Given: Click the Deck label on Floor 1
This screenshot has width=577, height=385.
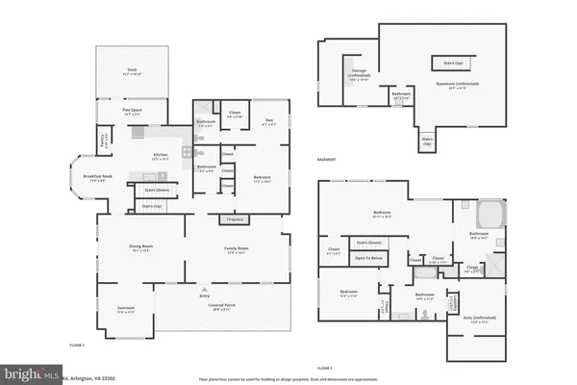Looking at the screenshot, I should click(x=133, y=71).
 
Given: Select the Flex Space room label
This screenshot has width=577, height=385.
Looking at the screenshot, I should click(x=133, y=113).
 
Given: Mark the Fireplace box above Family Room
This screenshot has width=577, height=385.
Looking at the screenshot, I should click(x=234, y=220).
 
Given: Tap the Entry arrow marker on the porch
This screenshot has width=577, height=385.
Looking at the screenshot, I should click(x=203, y=290).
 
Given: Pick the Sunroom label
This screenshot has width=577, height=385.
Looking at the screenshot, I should click(x=126, y=309).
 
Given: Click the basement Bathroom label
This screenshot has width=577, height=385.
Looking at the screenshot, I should click(x=403, y=96).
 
